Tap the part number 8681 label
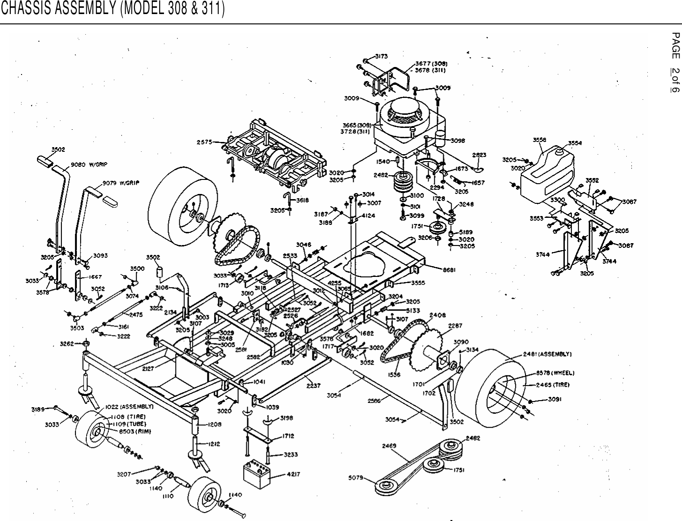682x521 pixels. pyautogui.click(x=450, y=269)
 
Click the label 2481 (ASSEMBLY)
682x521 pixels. pyautogui.click(x=547, y=354)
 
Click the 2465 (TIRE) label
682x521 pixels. pyautogui.click(x=552, y=384)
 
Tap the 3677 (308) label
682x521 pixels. pyautogui.click(x=430, y=64)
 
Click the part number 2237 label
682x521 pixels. pyautogui.click(x=313, y=385)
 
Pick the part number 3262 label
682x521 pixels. pyautogui.click(x=67, y=343)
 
